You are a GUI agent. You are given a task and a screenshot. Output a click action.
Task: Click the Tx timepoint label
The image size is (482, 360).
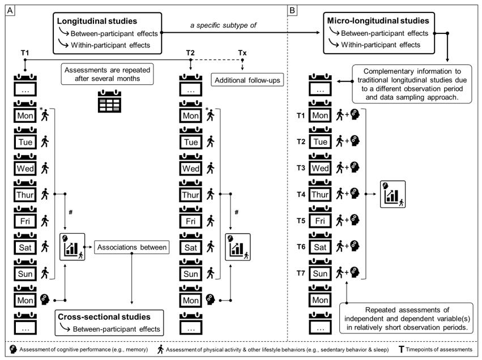pos(242,53)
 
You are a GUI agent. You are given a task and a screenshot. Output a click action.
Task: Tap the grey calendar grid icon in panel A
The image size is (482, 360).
pos(109,102)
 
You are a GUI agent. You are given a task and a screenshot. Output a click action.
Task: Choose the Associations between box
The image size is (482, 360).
pos(132,247)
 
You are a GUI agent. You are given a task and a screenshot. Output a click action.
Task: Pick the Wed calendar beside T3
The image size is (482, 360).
pos(321,168)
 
